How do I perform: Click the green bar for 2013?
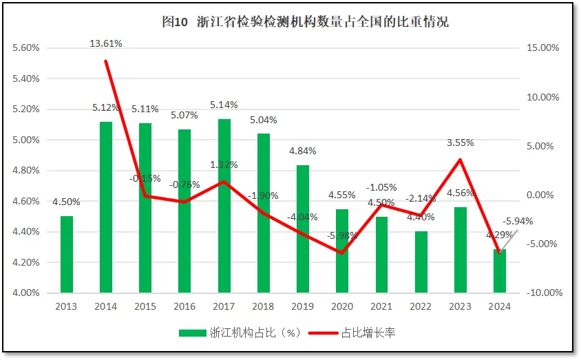coord(67,254)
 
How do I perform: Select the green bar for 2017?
coord(224,206)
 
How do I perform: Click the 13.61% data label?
coord(106,43)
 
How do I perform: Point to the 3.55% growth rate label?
coord(460,143)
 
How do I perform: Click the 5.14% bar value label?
coord(224,105)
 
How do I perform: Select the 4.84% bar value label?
coord(303,151)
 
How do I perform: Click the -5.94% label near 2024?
coord(518,222)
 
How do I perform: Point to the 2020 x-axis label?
coord(342,306)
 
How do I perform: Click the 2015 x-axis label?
coord(145,306)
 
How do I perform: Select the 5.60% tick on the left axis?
coord(26,48)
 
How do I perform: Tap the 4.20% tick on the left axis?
coord(26,262)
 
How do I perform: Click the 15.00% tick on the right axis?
coord(543,48)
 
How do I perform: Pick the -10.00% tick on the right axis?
coord(544,293)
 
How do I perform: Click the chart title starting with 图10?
coord(305,22)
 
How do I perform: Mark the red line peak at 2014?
coord(106,61)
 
